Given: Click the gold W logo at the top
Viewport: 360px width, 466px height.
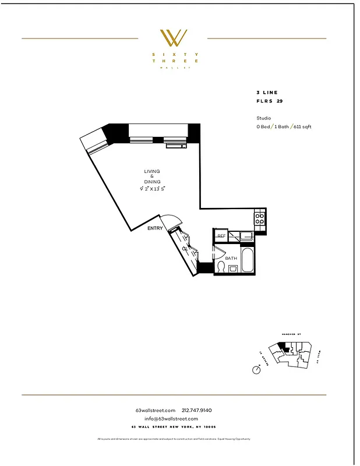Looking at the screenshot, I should (174, 38).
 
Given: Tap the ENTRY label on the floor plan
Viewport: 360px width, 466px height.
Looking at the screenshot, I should (155, 228).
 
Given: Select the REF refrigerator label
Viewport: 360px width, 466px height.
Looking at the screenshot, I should (221, 236).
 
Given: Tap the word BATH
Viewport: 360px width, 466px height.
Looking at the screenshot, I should (231, 258).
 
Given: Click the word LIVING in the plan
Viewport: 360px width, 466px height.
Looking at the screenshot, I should (152, 171).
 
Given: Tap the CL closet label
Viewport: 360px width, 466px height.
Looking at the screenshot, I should (185, 249).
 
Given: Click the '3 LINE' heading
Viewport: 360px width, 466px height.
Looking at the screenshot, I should (267, 93).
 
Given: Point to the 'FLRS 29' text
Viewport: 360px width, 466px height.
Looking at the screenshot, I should (269, 101).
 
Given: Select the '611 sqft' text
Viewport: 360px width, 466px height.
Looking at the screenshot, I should (302, 126).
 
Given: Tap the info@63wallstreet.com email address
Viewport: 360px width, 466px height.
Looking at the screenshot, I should (172, 418).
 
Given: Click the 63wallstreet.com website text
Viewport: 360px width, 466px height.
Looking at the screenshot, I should (156, 410).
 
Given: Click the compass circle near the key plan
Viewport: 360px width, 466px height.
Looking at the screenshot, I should (256, 369).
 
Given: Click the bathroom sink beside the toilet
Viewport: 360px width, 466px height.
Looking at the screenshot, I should (232, 269).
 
